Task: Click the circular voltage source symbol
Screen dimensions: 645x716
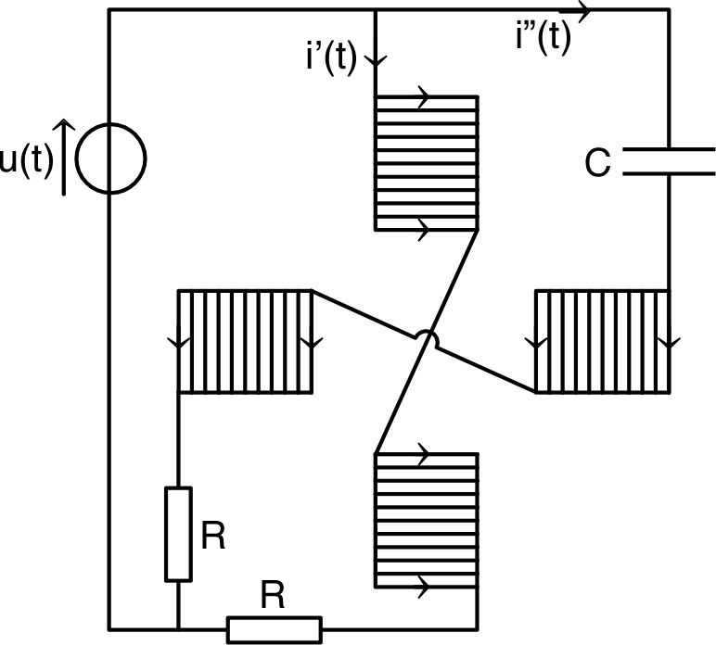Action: (109, 159)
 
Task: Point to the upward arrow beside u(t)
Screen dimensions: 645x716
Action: (63, 156)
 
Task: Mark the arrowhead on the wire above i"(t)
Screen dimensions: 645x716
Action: (582, 11)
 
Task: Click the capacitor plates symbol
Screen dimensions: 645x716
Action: (669, 161)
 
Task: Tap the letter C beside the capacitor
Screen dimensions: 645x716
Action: (597, 163)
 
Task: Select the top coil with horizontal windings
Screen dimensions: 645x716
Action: (426, 162)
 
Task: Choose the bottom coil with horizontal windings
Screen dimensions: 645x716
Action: (426, 520)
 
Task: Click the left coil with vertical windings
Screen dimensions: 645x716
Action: (246, 342)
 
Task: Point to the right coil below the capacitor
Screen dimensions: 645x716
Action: (602, 341)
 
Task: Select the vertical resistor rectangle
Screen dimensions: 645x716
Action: (178, 534)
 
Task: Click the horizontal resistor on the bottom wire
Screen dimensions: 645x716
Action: (275, 629)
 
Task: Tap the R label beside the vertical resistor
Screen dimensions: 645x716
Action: (213, 537)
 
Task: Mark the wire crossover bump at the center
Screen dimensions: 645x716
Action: (428, 341)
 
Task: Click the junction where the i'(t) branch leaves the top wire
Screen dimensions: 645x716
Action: (375, 10)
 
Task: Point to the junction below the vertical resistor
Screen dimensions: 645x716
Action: (178, 629)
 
